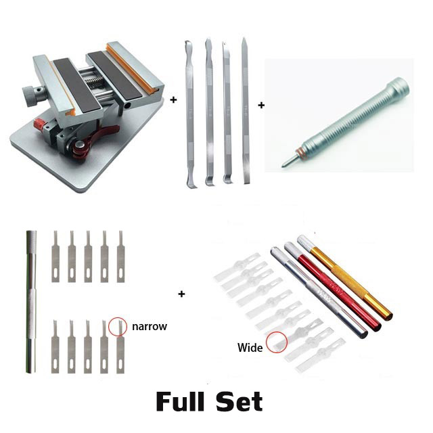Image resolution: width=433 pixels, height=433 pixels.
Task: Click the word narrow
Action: (150, 326)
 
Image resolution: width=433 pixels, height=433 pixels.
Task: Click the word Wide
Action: (250, 348)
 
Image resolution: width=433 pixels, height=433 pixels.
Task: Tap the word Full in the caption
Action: (185, 402)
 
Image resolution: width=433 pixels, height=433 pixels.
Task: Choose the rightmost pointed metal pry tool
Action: (245, 112)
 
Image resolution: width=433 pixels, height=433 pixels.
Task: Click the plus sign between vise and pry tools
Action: (173, 99)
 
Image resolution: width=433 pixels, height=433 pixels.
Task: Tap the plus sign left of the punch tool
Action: (261, 106)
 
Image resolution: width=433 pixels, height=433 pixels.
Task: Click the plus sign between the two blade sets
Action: (181, 294)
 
